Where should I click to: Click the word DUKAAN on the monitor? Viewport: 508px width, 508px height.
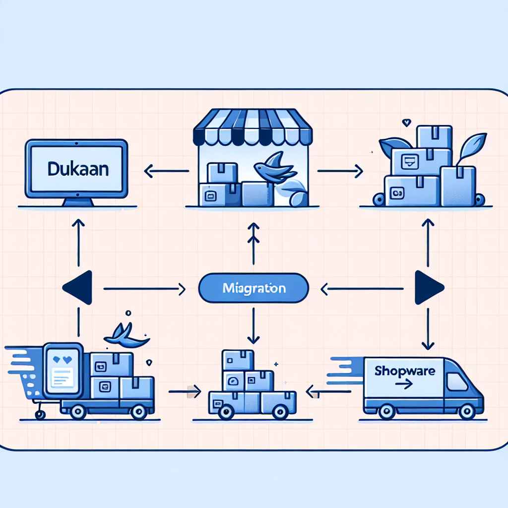coord(78,169)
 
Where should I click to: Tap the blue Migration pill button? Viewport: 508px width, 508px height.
coord(254,288)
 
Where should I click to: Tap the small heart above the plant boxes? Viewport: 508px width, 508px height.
coord(406,121)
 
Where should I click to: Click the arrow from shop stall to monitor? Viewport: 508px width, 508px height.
coord(166,172)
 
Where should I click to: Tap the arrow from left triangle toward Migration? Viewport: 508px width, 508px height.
coord(144,288)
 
